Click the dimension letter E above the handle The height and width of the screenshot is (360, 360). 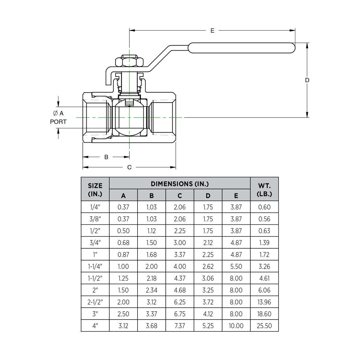[212, 30]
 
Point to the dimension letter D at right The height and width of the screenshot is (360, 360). [307, 80]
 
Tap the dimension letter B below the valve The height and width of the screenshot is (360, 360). [106, 157]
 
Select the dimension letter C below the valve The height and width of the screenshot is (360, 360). [129, 167]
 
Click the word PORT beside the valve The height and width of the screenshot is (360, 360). [58, 122]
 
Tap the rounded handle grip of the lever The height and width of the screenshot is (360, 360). [241, 48]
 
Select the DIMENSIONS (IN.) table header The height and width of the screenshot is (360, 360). [180, 184]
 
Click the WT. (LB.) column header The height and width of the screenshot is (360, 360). [264, 190]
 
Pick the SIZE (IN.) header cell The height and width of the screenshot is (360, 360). [95, 190]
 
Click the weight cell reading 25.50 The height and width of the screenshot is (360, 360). [264, 326]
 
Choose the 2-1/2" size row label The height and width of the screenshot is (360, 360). [95, 302]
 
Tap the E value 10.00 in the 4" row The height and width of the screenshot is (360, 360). [236, 326]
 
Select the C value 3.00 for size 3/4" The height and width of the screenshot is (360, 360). [180, 243]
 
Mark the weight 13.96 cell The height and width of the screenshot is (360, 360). [264, 302]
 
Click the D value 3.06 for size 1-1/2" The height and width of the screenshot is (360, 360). [208, 278]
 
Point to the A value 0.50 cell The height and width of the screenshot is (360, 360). [123, 231]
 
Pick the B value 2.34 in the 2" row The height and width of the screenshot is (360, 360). [152, 290]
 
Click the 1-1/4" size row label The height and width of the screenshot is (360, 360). [95, 266]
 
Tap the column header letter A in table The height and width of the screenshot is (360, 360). [123, 195]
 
